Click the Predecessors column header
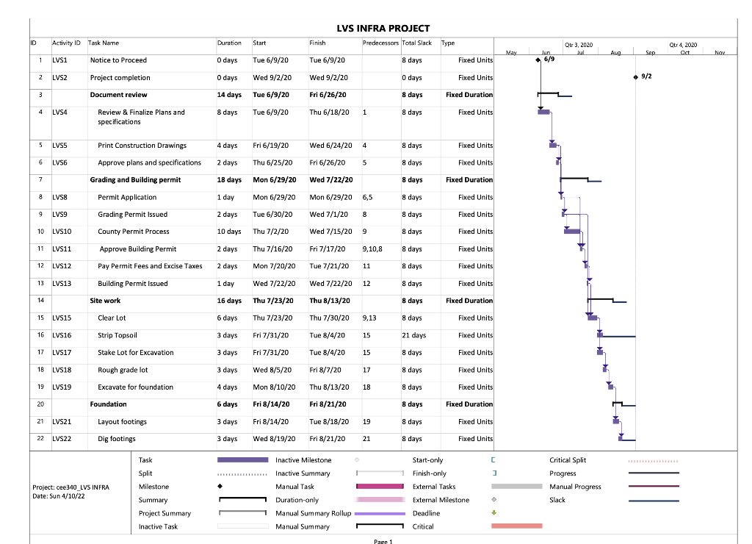pyautogui.click(x=380, y=43)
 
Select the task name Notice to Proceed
pyautogui.click(x=118, y=60)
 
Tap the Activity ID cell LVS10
pyautogui.click(x=62, y=232)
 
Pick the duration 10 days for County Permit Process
pyautogui.click(x=228, y=232)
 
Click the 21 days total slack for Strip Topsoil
pyautogui.click(x=413, y=335)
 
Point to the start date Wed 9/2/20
pyautogui.click(x=271, y=77)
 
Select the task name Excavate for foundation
pyautogui.click(x=136, y=387)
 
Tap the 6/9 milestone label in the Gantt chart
pyautogui.click(x=549, y=59)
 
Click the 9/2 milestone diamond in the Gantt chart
pyautogui.click(x=635, y=76)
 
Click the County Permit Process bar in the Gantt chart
pyautogui.click(x=572, y=232)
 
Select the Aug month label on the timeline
pyautogui.click(x=615, y=53)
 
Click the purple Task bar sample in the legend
pyautogui.click(x=242, y=460)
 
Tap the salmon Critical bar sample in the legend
pyautogui.click(x=516, y=526)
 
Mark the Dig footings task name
pyautogui.click(x=117, y=439)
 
